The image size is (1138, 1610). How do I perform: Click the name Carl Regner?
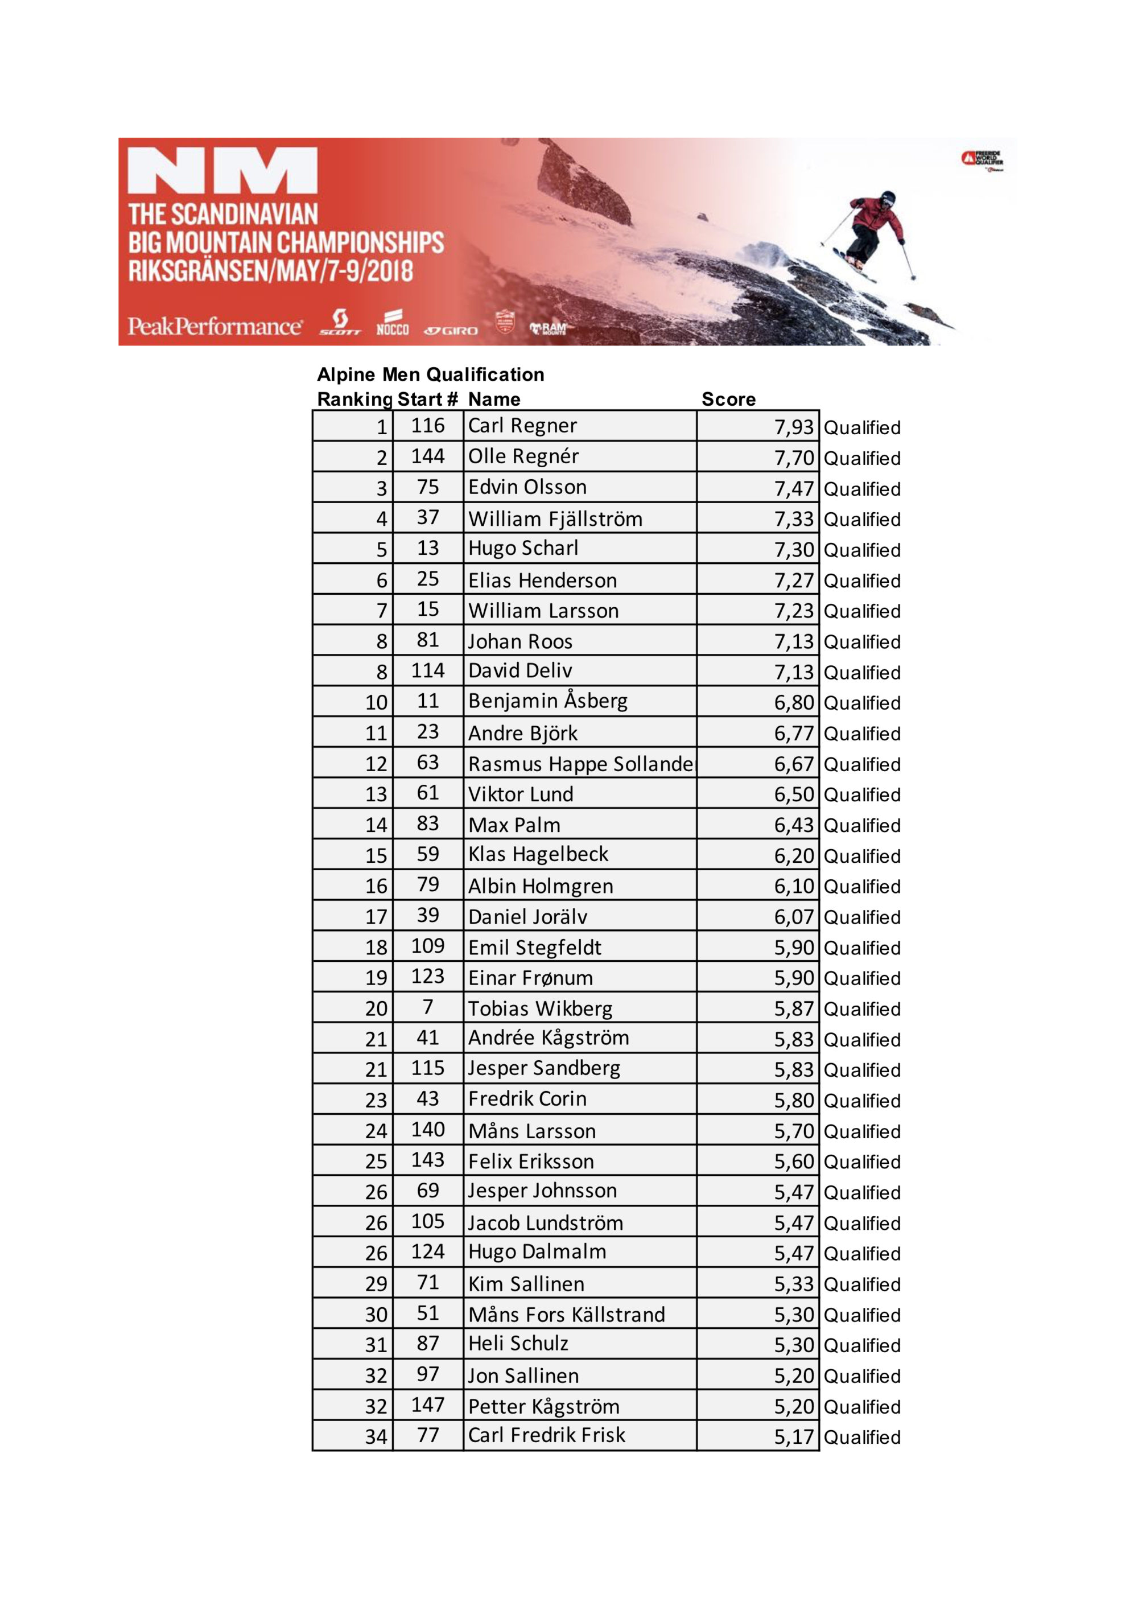[522, 426]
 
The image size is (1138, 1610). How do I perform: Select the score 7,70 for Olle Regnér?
[793, 458]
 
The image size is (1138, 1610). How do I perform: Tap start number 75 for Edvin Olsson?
[428, 487]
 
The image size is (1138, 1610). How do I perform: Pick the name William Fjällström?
[555, 519]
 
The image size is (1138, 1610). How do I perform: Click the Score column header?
[728, 399]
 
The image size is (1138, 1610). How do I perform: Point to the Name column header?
[494, 399]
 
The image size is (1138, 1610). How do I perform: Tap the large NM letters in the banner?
[222, 170]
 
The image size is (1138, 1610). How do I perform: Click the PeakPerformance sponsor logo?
[215, 326]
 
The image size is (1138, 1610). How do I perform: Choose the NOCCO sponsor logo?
[392, 324]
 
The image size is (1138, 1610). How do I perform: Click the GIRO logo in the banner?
[451, 330]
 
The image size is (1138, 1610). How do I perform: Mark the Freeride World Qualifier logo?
[982, 160]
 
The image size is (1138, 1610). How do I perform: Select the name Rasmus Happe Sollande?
[580, 764]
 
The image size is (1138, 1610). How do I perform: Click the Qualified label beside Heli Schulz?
[861, 1345]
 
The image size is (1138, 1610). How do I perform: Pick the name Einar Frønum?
[530, 978]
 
